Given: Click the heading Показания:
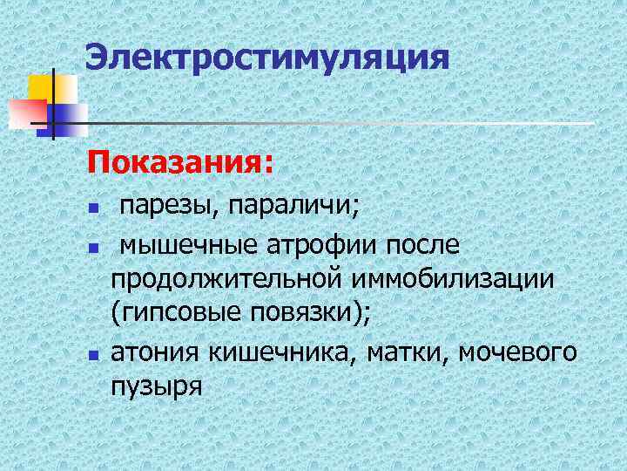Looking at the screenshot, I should (178, 162).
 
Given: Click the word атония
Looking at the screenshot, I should (155, 352).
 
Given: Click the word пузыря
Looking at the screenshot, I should (156, 385).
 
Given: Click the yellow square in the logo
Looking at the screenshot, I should (49, 86).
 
